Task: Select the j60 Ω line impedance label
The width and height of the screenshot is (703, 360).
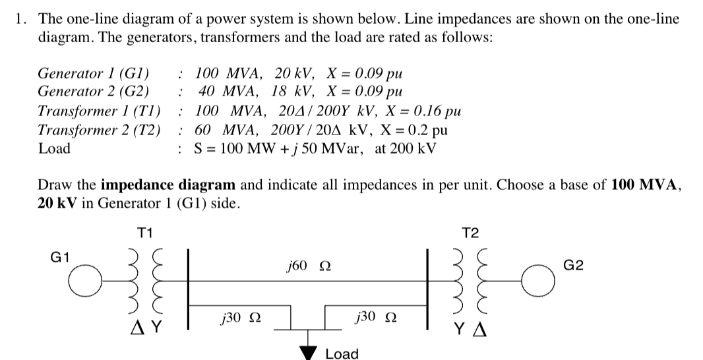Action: [304, 266]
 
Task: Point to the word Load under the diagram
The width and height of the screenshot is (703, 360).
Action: [342, 354]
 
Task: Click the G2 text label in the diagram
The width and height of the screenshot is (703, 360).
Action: [574, 266]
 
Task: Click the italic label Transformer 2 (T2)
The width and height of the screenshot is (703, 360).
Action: [99, 129]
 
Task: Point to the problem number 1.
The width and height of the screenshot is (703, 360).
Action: [22, 19]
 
